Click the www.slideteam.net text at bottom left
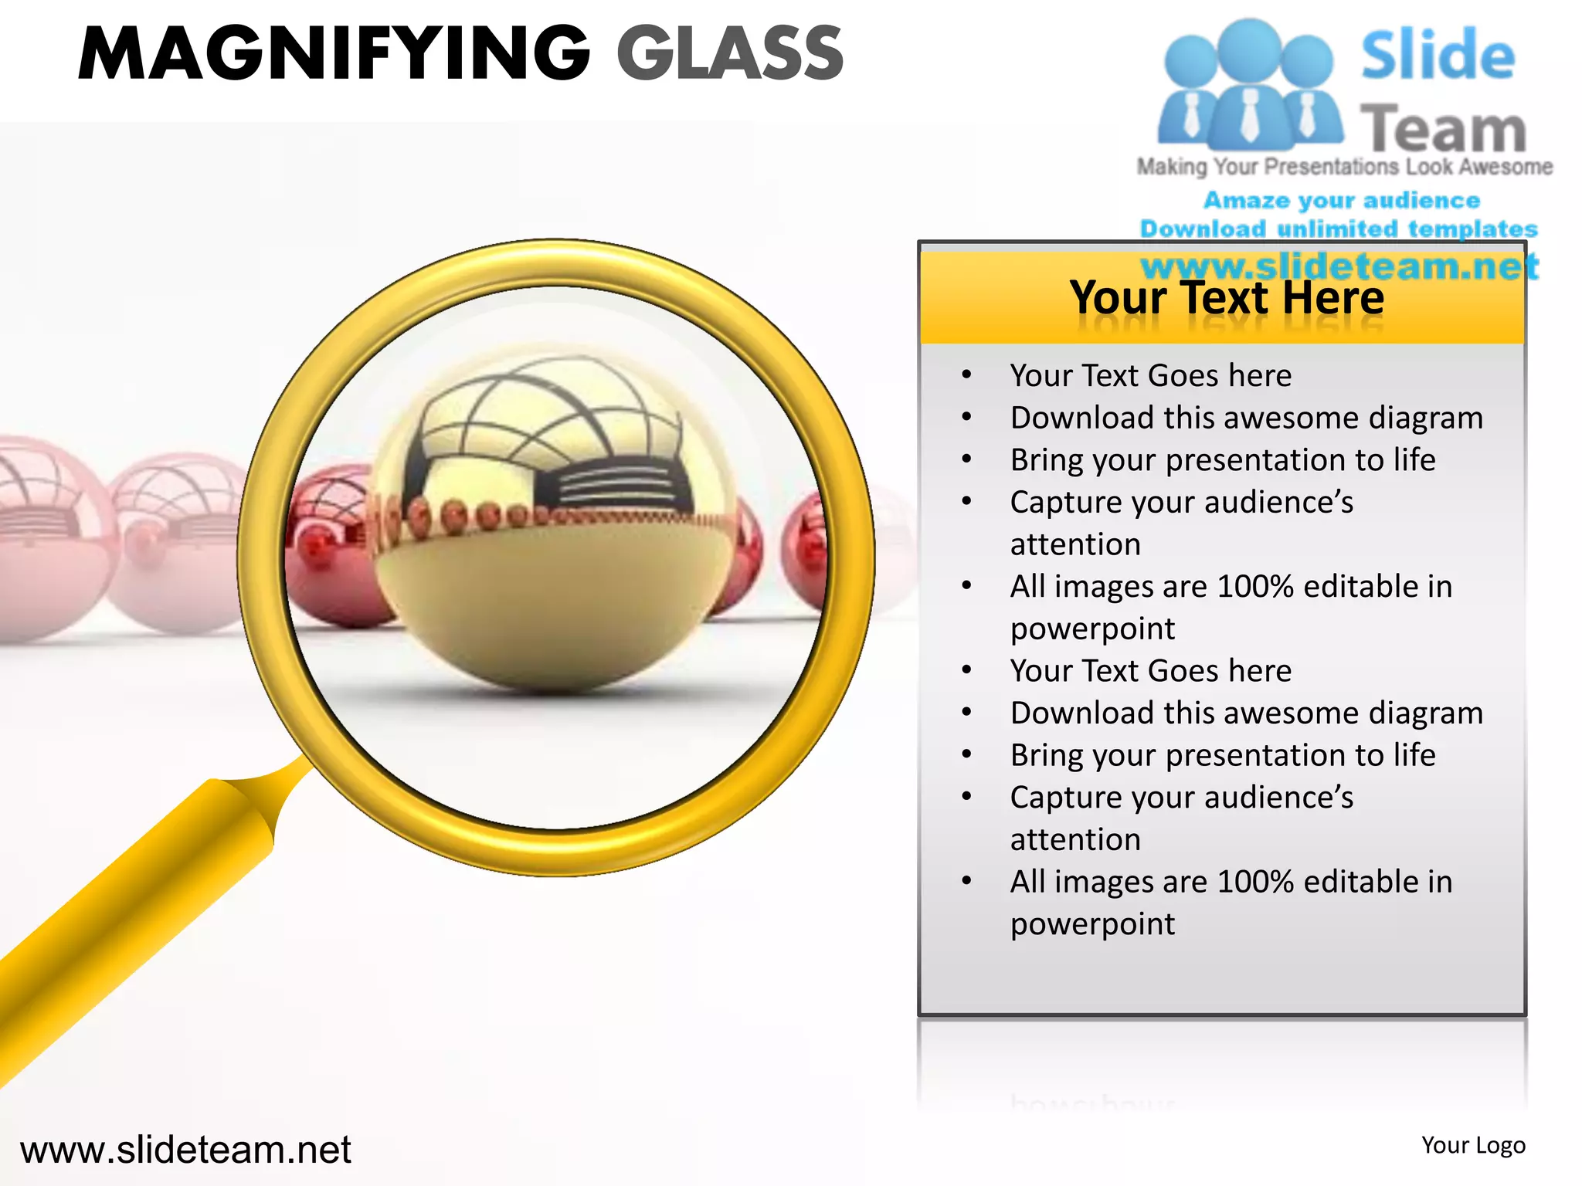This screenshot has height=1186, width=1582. coord(185,1150)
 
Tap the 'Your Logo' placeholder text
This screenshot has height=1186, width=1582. coord(1473,1145)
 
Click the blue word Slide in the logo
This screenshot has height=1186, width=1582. coord(1438,56)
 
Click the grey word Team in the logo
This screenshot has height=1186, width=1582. coord(1443,128)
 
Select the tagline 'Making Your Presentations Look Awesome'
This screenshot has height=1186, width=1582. coord(1344,167)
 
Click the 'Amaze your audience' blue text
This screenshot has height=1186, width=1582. coord(1342,201)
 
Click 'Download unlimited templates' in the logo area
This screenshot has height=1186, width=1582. coord(1339,229)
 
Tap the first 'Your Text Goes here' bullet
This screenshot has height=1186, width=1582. coord(1150,376)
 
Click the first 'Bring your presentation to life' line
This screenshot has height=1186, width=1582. coord(1223,460)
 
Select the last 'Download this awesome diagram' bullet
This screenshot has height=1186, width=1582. coord(1246,713)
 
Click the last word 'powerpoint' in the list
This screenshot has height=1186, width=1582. coord(1092,924)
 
